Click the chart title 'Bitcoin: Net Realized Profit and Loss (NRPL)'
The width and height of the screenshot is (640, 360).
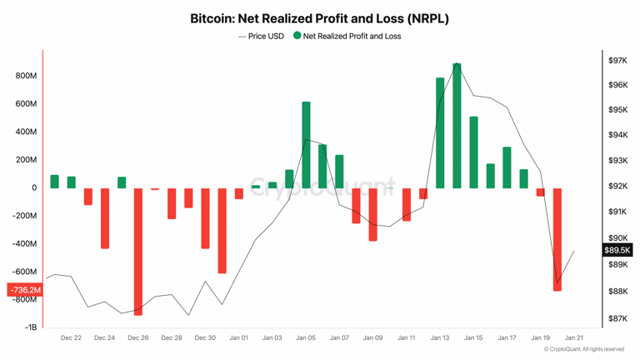[x=319, y=17]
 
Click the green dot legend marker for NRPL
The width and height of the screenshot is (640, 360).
[x=297, y=36]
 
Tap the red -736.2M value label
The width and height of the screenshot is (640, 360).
[x=25, y=290]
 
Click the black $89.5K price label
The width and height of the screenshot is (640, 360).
[x=617, y=250]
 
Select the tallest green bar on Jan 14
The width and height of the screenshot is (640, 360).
[x=457, y=125]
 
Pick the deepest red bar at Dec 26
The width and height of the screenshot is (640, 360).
[x=138, y=251]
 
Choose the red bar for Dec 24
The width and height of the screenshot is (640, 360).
[x=105, y=217]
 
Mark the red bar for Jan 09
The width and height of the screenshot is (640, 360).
[x=372, y=214]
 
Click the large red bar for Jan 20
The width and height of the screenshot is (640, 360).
[x=557, y=239]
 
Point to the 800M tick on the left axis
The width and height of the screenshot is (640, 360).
[x=25, y=76]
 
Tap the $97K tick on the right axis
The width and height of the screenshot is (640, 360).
[x=617, y=61]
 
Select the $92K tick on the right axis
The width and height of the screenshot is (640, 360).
[x=617, y=187]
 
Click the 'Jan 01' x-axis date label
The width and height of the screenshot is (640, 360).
[x=238, y=338]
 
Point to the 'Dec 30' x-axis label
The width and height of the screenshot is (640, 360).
[x=205, y=338]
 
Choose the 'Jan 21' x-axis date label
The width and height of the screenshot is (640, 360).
[x=573, y=338]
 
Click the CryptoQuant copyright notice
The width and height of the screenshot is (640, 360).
[x=583, y=350]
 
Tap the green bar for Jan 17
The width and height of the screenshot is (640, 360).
[x=507, y=167]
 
